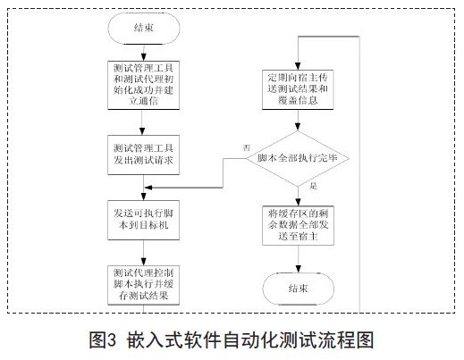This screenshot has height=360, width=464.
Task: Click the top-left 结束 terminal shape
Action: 144,29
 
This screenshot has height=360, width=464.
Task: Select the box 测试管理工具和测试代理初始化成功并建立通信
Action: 143,85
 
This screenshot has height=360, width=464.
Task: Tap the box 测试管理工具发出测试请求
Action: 143,155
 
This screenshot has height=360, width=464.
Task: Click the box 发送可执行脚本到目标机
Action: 143,220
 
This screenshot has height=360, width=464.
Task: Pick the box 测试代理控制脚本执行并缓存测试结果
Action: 143,285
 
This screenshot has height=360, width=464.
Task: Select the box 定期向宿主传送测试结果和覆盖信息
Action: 298,89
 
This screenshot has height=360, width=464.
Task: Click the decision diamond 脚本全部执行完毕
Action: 298,158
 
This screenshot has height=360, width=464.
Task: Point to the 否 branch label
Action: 246,148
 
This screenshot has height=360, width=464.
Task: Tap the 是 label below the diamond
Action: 313,186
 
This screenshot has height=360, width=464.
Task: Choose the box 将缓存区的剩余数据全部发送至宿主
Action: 298,225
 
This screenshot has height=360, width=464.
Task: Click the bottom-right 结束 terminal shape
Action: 298,289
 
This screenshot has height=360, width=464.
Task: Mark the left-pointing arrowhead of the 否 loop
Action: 148,188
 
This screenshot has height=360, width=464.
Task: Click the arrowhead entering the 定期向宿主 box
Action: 298,66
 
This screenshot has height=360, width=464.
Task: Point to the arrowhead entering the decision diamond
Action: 298,127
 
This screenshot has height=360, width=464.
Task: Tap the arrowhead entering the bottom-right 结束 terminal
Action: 298,269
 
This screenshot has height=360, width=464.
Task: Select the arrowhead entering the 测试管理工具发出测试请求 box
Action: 142,131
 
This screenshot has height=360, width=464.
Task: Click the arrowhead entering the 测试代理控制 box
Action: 144,262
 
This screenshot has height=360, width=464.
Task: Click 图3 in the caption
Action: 102,340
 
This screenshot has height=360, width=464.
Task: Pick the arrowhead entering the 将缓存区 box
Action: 298,202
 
